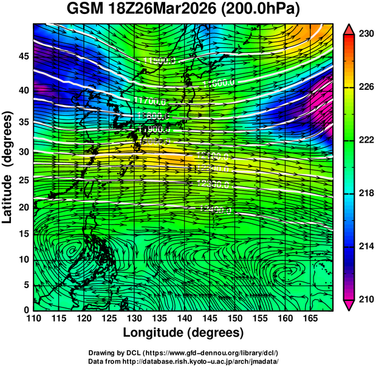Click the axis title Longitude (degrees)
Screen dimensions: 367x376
183,333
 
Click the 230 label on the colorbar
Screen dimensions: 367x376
366,34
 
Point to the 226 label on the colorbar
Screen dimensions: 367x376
366,87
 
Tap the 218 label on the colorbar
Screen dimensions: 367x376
366,194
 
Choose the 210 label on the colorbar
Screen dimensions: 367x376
366,299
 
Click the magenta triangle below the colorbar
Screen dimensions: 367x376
349,305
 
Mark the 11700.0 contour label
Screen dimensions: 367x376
150,101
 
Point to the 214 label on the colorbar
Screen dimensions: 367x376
366,246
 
